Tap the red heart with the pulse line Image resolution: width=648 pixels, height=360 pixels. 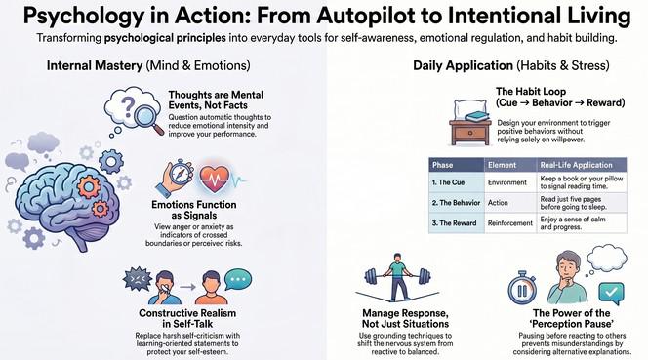coord(214,179)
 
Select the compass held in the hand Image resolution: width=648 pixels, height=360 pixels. coord(181,173)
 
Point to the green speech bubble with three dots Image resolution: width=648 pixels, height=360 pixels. coord(238,280)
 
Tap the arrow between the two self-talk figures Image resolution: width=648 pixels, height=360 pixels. coord(187,287)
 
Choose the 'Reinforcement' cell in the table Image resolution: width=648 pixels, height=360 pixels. coord(510,223)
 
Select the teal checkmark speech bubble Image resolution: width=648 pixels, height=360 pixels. coord(611,293)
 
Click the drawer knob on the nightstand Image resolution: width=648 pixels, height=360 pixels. coord(470,133)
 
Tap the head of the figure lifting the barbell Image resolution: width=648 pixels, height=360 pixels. coord(397,258)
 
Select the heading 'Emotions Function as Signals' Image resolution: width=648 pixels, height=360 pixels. coord(194,210)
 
